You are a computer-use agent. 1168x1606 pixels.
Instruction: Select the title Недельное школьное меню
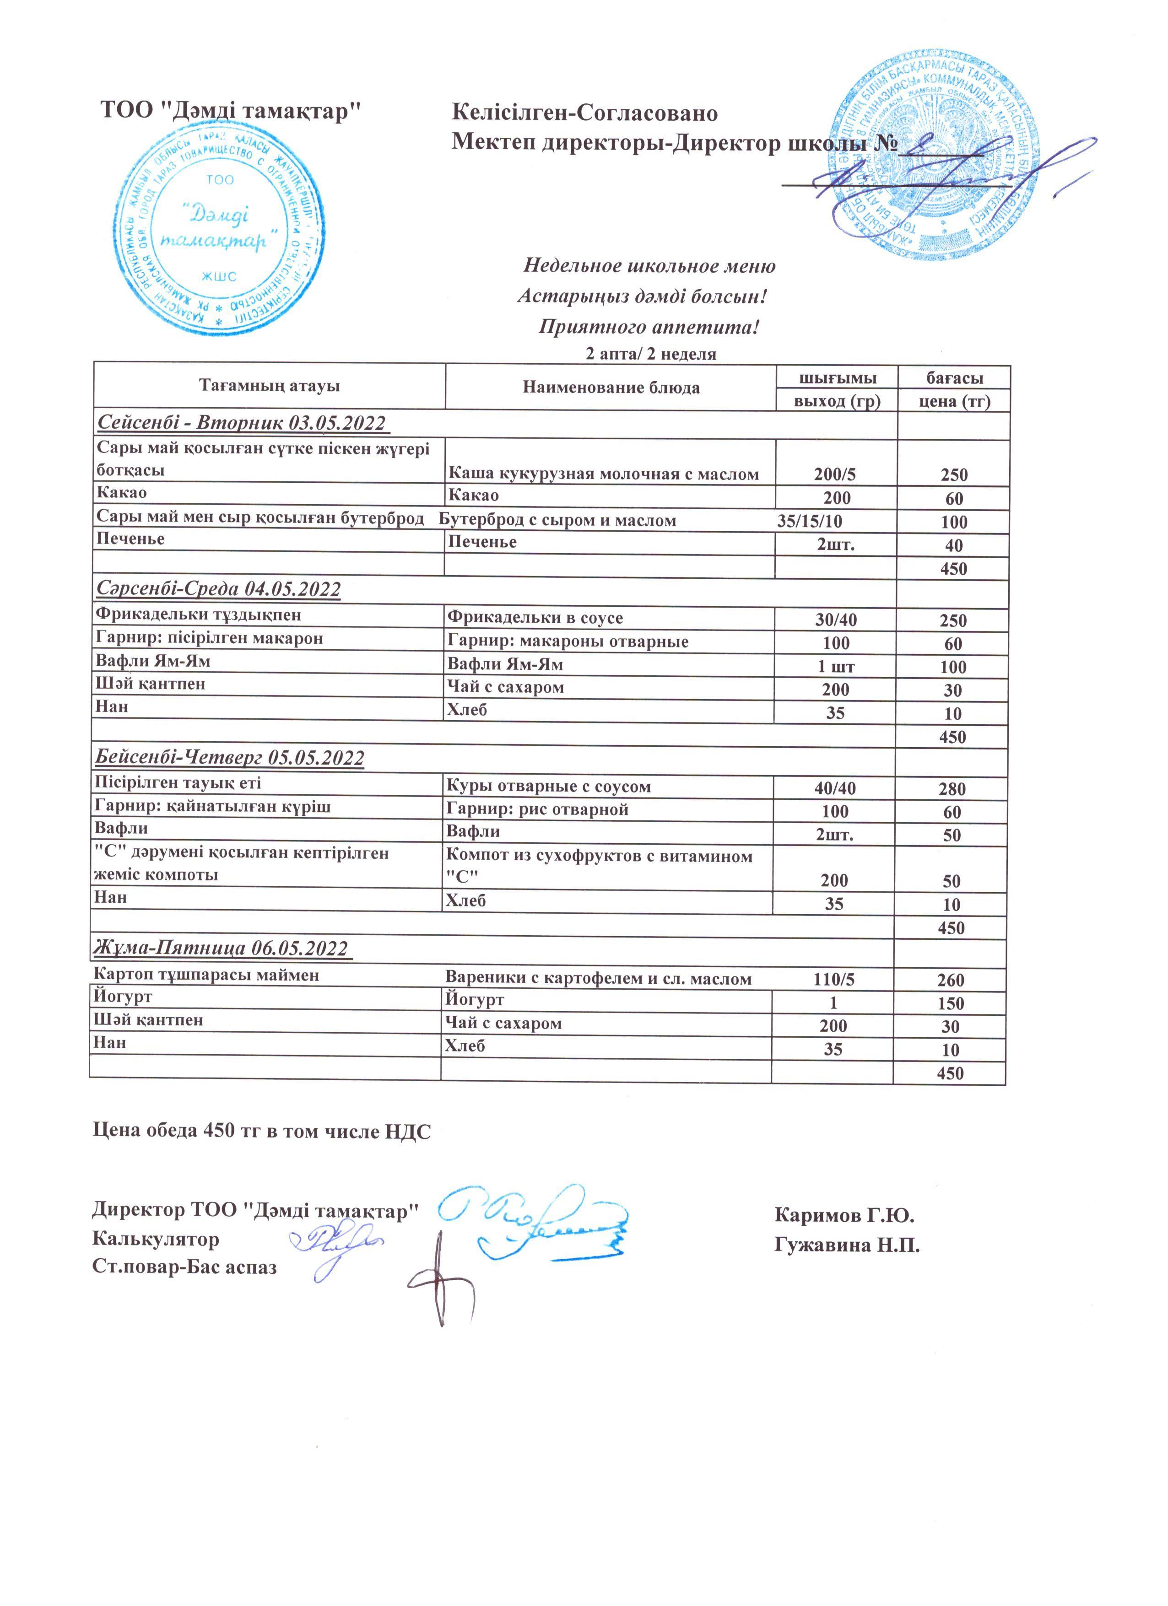pyautogui.click(x=649, y=266)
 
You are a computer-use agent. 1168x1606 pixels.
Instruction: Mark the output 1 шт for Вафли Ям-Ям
pyautogui.click(x=836, y=666)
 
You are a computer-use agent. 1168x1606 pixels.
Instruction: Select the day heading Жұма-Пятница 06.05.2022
pyautogui.click(x=222, y=948)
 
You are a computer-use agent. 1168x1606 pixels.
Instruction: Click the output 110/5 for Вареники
pyautogui.click(x=834, y=979)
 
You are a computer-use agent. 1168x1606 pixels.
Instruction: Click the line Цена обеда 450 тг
pyautogui.click(x=262, y=1131)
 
